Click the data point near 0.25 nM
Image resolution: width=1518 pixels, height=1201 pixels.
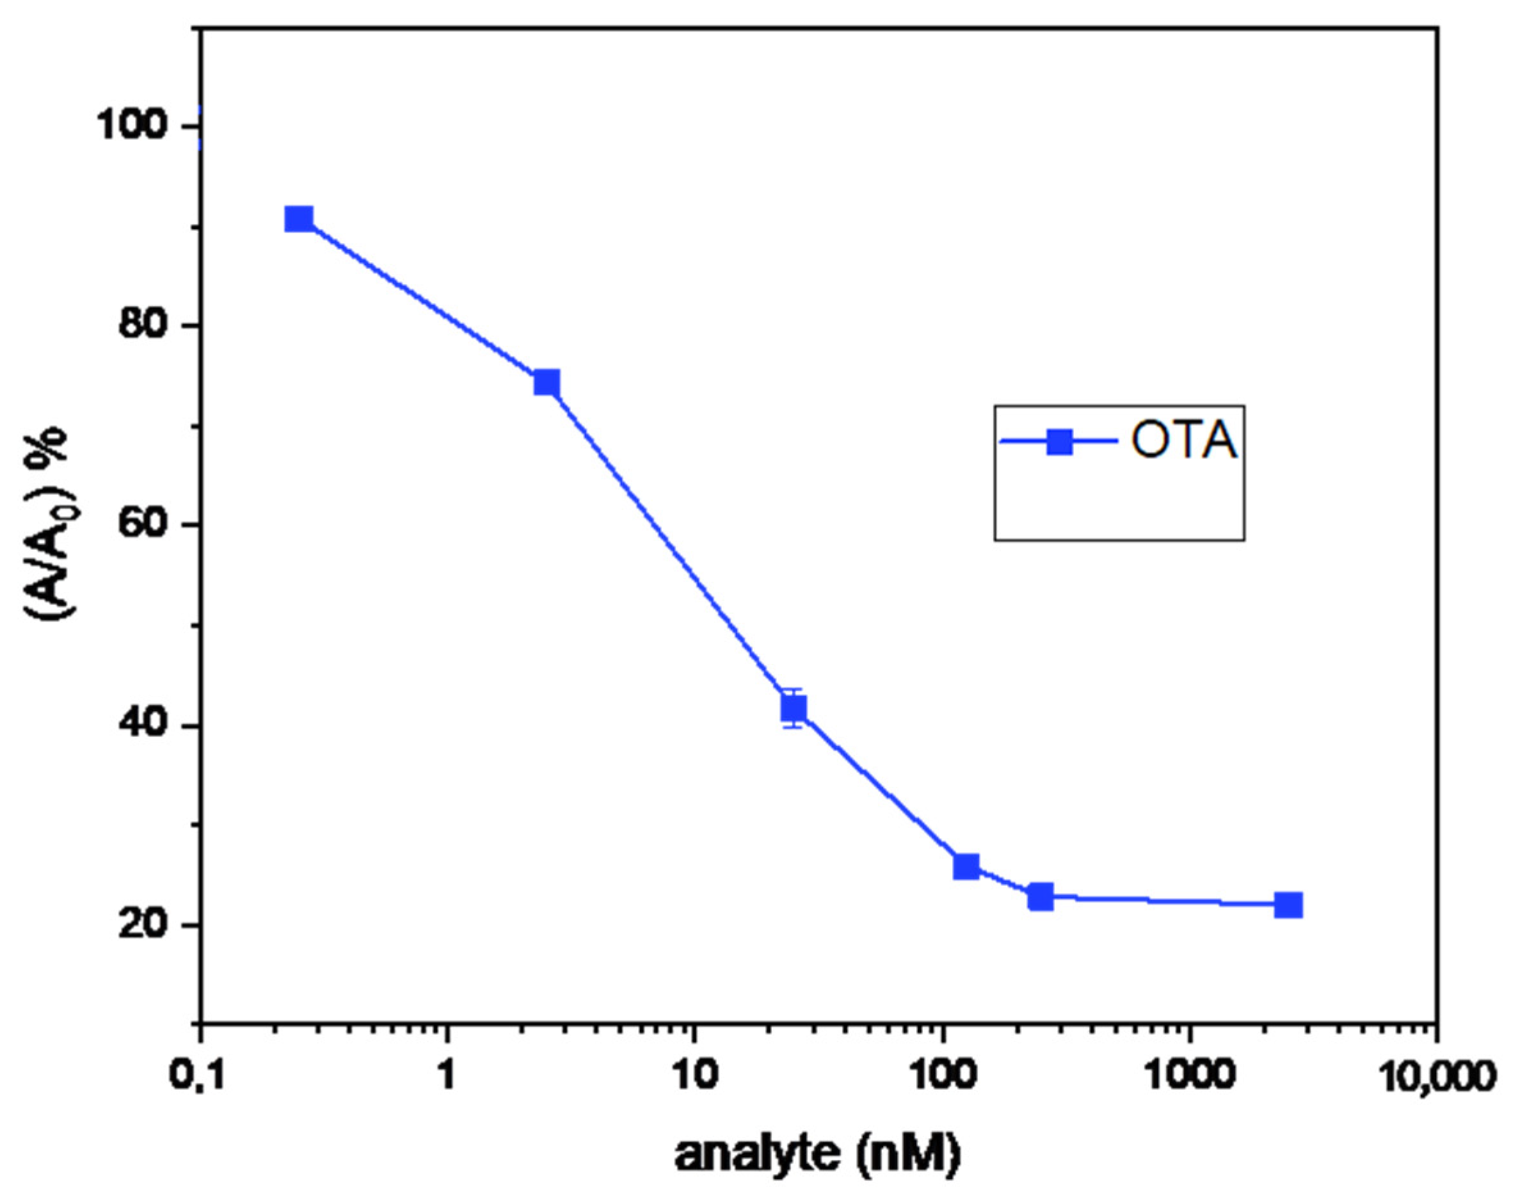click(299, 220)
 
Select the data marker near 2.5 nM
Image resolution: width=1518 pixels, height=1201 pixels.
click(547, 383)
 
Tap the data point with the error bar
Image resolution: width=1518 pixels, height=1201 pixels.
click(794, 708)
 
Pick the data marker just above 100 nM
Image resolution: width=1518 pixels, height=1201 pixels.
click(966, 867)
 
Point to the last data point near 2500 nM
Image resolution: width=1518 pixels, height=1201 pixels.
click(1288, 905)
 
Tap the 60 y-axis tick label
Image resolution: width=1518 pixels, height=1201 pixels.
click(146, 525)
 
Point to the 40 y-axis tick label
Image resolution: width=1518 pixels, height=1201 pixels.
click(146, 727)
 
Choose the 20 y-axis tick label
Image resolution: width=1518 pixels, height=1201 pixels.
click(146, 925)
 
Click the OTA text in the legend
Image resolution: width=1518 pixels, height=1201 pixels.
click(1184, 442)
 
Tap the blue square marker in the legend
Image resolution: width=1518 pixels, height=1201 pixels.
click(1059, 442)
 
